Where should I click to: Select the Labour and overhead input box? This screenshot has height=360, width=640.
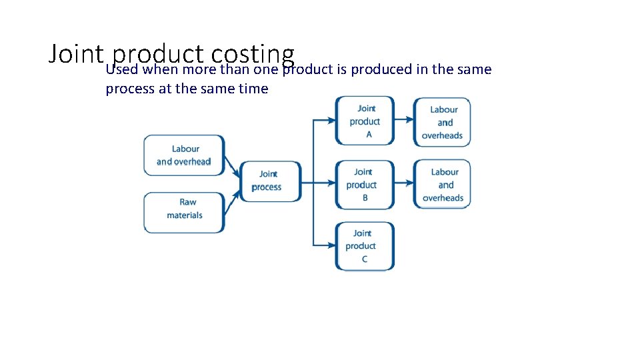click(x=184, y=155)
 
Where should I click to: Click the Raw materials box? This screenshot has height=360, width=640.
click(x=184, y=212)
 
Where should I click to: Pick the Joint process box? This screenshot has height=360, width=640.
click(x=269, y=181)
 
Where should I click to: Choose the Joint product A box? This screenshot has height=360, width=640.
click(x=365, y=121)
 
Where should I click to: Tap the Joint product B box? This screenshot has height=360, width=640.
click(x=364, y=185)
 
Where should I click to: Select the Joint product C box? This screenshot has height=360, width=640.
click(x=364, y=246)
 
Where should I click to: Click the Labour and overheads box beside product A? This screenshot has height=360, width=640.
click(x=442, y=122)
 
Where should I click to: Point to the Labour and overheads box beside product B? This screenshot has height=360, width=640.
click(x=442, y=185)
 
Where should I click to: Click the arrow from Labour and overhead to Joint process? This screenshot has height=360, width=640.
click(x=232, y=167)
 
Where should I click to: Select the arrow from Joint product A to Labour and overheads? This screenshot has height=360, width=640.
click(x=403, y=121)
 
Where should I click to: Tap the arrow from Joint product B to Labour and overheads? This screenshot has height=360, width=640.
click(x=403, y=184)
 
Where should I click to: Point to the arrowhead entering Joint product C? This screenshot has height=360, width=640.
click(x=331, y=245)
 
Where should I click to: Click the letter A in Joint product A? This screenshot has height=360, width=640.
click(x=369, y=135)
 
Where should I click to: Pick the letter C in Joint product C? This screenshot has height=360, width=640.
click(x=365, y=259)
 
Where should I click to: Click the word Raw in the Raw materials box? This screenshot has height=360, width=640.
click(x=188, y=202)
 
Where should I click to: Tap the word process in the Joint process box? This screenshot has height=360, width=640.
click(x=267, y=187)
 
